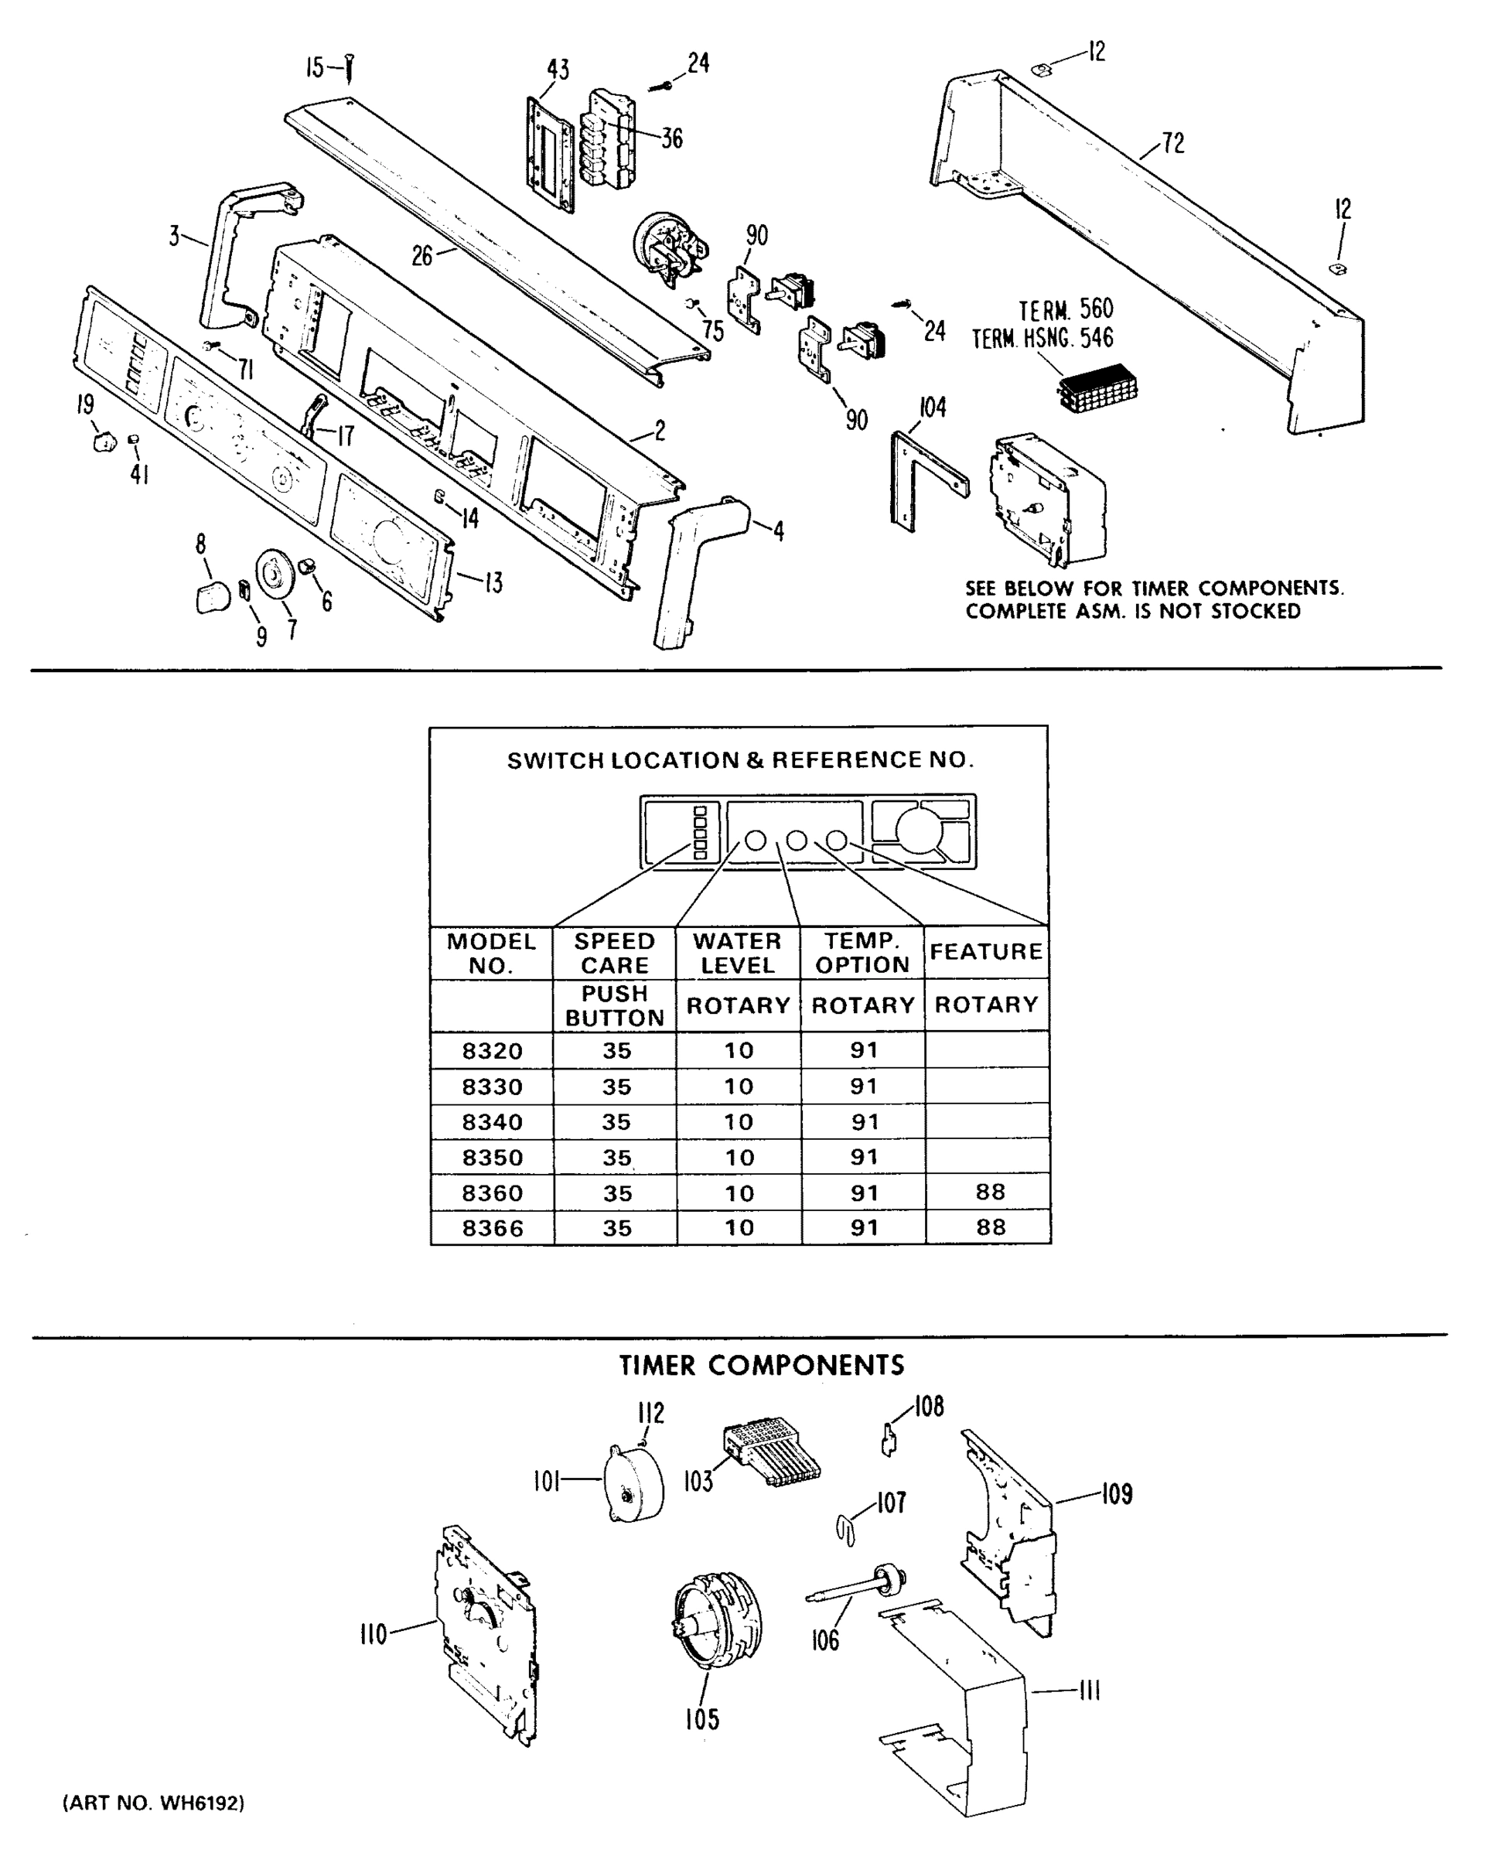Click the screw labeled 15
click(350, 68)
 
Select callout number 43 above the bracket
click(558, 70)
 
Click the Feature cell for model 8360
click(989, 1192)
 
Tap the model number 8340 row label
click(492, 1121)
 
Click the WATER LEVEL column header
click(738, 953)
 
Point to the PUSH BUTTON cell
click(614, 1005)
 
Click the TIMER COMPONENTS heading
click(761, 1365)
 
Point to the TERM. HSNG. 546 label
click(1042, 338)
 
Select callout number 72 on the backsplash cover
click(1172, 143)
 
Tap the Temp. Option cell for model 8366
click(863, 1227)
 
